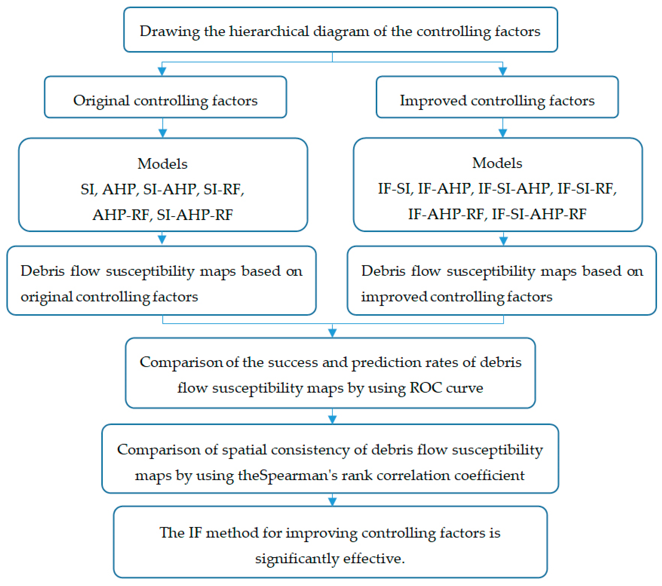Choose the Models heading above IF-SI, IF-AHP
point(497,163)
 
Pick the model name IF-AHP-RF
point(446,214)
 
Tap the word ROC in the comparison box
point(425,388)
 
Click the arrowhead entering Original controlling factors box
point(162,71)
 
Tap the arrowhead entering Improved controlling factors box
point(503,71)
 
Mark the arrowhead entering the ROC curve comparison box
point(332,332)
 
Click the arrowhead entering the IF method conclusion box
point(332,501)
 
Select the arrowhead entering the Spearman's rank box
point(332,419)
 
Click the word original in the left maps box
point(46,297)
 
